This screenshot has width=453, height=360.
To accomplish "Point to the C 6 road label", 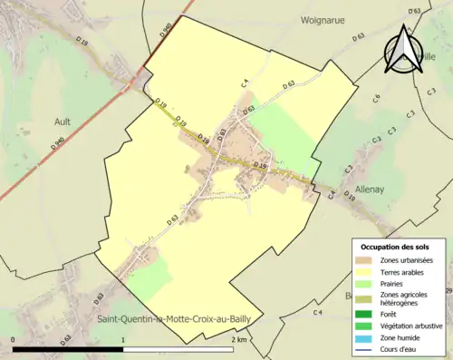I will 377,97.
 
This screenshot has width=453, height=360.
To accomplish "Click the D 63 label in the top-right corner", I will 415,11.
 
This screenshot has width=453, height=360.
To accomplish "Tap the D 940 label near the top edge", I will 165,30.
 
